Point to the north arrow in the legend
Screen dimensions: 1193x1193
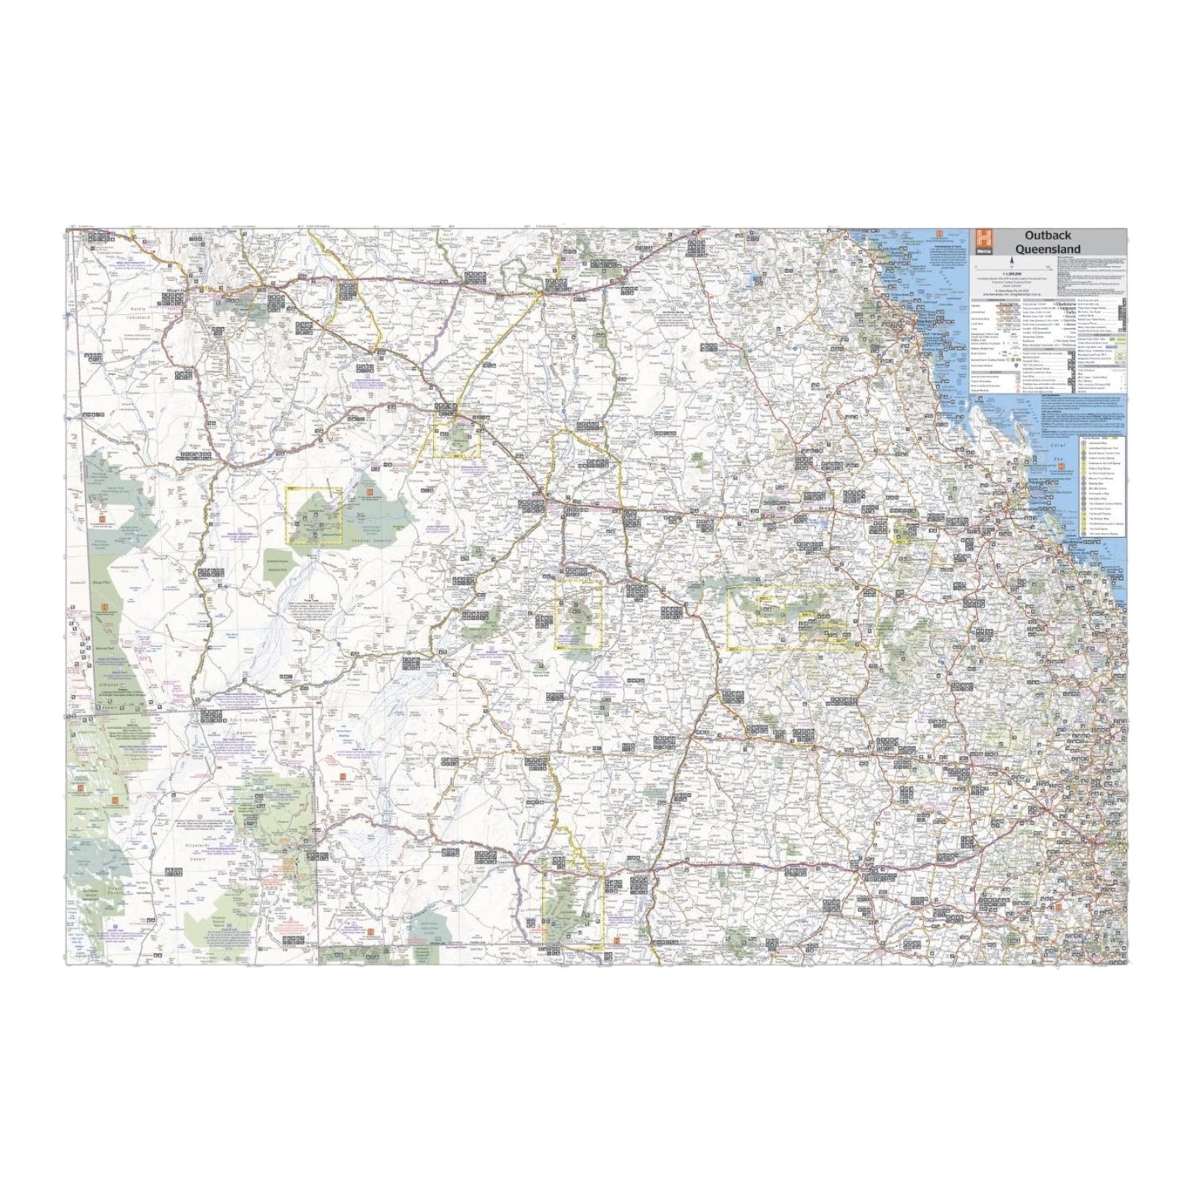(x=1012, y=262)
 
